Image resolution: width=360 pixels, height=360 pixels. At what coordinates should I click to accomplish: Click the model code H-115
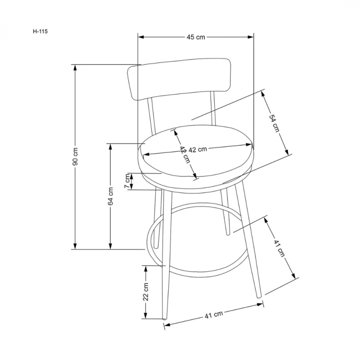pyautogui.click(x=40, y=31)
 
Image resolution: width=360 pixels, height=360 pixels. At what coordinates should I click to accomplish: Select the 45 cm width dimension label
pyautogui.click(x=196, y=37)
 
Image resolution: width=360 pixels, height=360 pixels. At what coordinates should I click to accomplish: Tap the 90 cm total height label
pyautogui.click(x=75, y=156)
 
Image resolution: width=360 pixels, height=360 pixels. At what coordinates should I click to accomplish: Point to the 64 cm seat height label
pyautogui.click(x=111, y=196)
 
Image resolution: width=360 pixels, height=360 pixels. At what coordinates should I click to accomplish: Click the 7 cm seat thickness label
pyautogui.click(x=127, y=181)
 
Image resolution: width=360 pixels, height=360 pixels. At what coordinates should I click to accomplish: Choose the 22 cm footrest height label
pyautogui.click(x=146, y=292)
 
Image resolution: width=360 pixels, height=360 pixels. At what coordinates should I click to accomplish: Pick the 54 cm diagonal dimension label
pyautogui.click(x=274, y=123)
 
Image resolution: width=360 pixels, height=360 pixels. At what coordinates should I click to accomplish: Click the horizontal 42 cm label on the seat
pyautogui.click(x=198, y=149)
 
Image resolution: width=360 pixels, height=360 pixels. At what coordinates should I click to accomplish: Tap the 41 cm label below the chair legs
pyautogui.click(x=214, y=314)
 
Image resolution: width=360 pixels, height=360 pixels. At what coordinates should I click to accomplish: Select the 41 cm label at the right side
pyautogui.click(x=279, y=248)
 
